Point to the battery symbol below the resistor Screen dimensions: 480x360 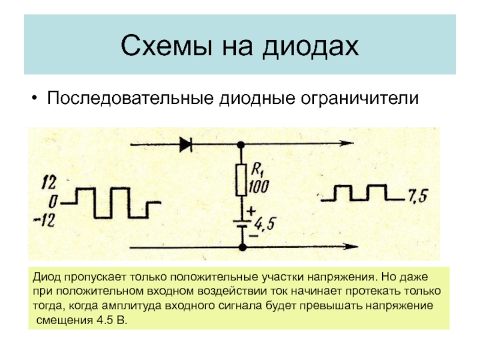coord(241,222)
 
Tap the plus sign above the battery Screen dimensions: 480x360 coord(250,211)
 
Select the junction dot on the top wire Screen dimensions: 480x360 coord(241,144)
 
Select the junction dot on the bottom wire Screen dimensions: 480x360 coord(241,247)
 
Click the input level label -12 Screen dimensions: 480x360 coord(50,221)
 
